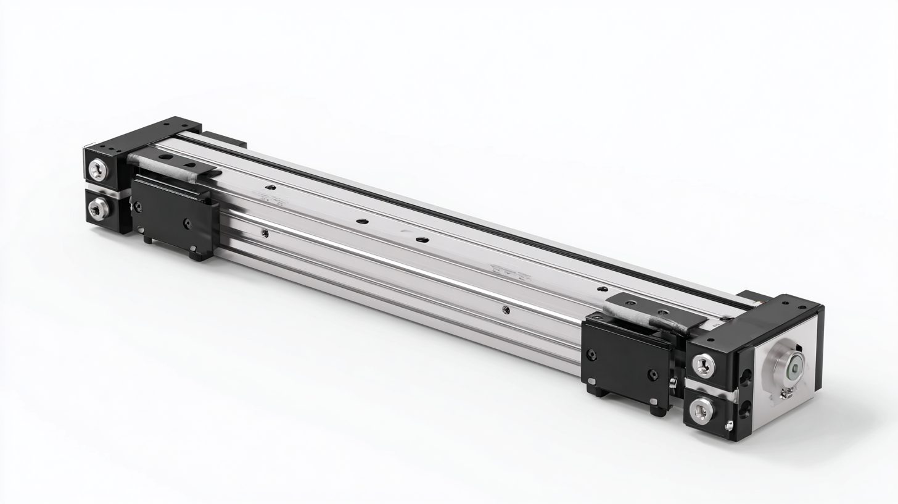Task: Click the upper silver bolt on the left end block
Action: pyautogui.click(x=97, y=169)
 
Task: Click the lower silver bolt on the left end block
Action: pyautogui.click(x=97, y=210)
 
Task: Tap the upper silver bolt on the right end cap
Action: pyautogui.click(x=703, y=366)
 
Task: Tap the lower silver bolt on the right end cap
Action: pyautogui.click(x=701, y=409)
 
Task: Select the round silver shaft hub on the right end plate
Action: pyautogui.click(x=789, y=370)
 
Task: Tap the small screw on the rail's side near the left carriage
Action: pyautogui.click(x=265, y=233)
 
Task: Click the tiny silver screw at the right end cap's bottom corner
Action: pyautogui.click(x=729, y=426)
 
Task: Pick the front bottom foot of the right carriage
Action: pyautogui.click(x=657, y=409)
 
